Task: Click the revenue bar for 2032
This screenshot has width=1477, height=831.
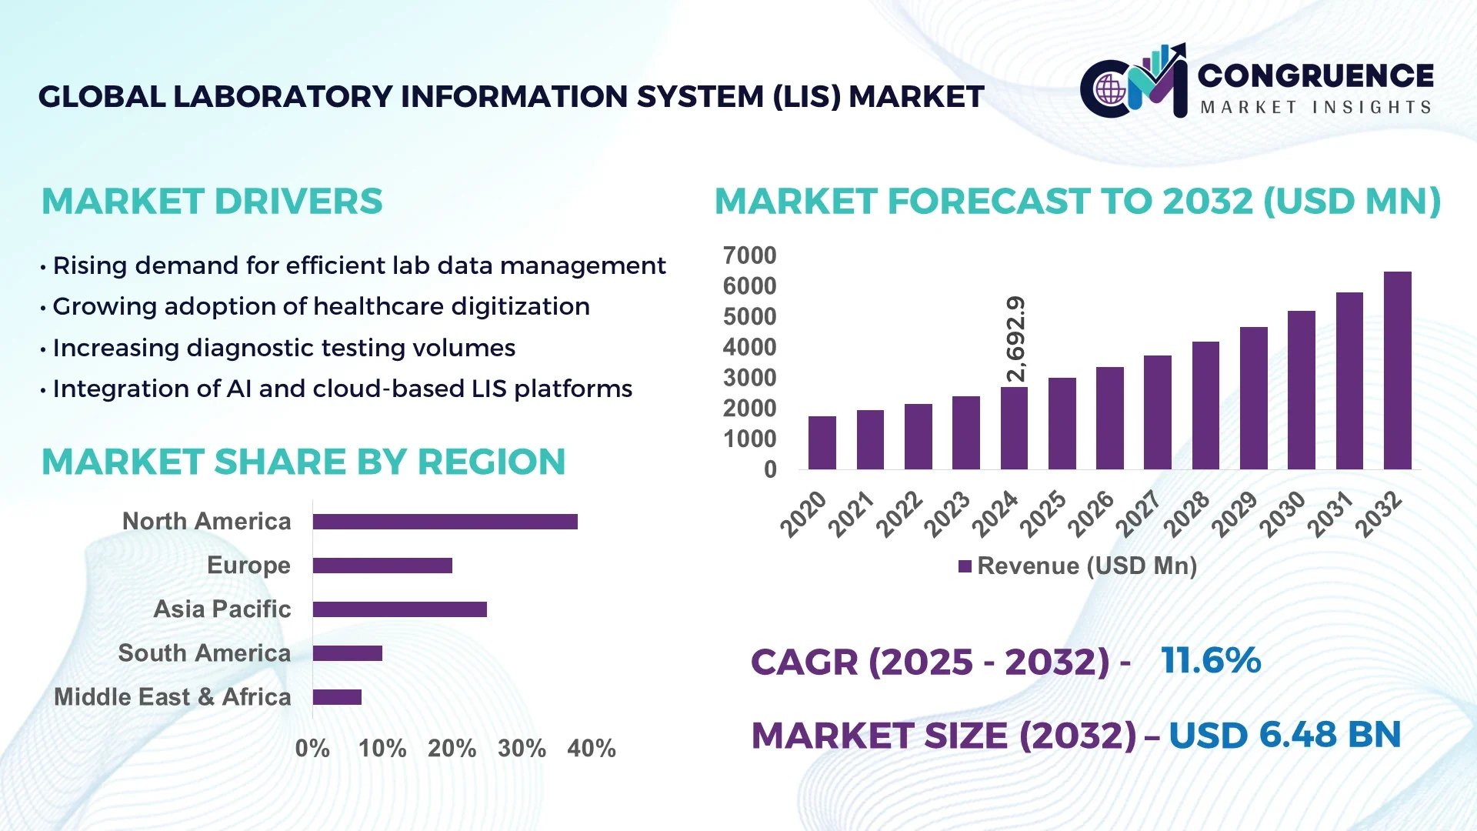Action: pyautogui.click(x=1397, y=371)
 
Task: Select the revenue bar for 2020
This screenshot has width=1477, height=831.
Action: pyautogui.click(x=822, y=443)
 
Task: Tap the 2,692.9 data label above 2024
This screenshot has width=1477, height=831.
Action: pyautogui.click(x=1016, y=339)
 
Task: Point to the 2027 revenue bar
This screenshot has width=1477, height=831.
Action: pyautogui.click(x=1157, y=412)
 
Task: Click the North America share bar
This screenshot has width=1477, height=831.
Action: pyautogui.click(x=445, y=522)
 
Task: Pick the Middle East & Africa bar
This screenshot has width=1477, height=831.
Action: pyautogui.click(x=337, y=697)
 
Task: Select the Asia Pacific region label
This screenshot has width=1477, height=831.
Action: pyautogui.click(x=222, y=609)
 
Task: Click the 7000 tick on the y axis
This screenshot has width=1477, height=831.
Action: pyautogui.click(x=749, y=255)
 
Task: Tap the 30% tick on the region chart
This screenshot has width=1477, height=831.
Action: pyautogui.click(x=522, y=748)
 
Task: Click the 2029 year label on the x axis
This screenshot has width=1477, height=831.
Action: pyautogui.click(x=1234, y=514)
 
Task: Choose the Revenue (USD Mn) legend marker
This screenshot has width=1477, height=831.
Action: pyautogui.click(x=965, y=566)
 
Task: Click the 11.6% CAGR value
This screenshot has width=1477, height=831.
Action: pyautogui.click(x=1211, y=660)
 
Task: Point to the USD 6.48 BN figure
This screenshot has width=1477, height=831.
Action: pyautogui.click(x=1284, y=735)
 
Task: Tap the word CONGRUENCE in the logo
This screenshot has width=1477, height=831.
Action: pyautogui.click(x=1315, y=75)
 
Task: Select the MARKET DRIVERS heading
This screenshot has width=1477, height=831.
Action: pyautogui.click(x=212, y=202)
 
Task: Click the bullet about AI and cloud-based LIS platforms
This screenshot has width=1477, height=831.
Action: pyautogui.click(x=342, y=389)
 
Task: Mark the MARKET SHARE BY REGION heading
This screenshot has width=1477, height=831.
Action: pyautogui.click(x=303, y=462)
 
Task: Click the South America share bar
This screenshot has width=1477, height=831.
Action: pyautogui.click(x=347, y=653)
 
